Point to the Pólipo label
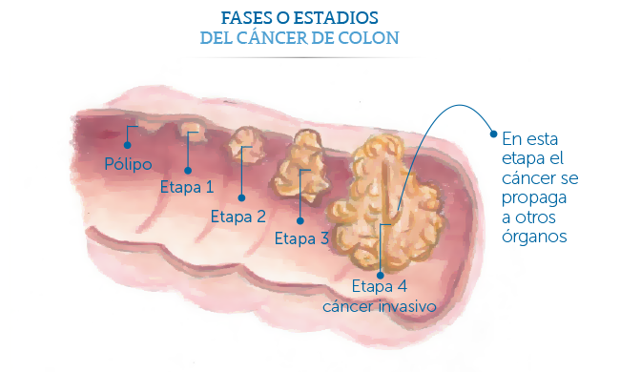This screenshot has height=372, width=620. click(x=128, y=164)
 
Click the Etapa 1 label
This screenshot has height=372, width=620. click(x=187, y=186)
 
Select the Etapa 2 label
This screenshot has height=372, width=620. click(x=238, y=215)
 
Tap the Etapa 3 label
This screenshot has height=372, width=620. click(x=300, y=238)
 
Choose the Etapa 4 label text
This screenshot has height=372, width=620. click(x=379, y=286)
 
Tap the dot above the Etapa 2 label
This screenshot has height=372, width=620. click(x=238, y=197)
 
